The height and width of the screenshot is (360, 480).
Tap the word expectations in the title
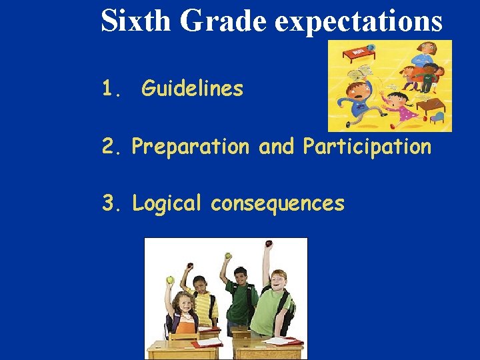358,21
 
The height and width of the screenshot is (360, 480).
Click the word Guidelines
193,88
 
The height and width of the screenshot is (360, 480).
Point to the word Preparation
190,147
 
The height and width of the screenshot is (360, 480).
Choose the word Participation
367,147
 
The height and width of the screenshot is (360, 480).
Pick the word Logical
167,203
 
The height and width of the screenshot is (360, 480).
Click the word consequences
277,203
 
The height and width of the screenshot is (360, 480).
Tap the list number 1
111,88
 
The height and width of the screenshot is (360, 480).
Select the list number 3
110,203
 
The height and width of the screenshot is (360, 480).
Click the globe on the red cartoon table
371,48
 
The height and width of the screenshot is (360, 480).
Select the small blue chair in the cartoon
437,117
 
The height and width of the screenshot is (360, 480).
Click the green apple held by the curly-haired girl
170,280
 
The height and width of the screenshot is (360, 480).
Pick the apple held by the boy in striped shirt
188,267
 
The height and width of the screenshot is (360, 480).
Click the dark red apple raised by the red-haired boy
269,244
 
